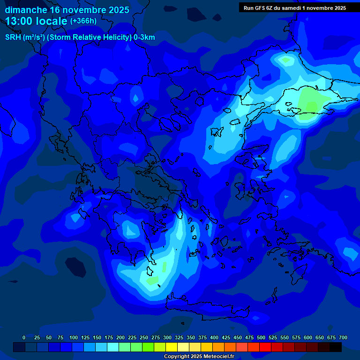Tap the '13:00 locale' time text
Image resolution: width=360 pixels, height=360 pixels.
(x=37, y=21)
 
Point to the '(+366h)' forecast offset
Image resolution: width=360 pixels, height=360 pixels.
(x=83, y=21)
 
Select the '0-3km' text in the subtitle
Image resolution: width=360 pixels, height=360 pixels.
(x=144, y=37)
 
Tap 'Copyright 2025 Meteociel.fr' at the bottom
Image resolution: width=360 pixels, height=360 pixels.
(x=199, y=357)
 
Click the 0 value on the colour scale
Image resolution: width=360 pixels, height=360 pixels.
(x=24, y=337)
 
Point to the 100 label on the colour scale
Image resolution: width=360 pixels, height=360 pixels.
(x=74, y=337)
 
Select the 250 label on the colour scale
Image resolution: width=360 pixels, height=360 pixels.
(x=144, y=337)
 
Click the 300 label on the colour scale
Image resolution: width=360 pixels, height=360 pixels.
(x=167, y=337)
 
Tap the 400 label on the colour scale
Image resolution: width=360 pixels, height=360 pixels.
(x=214, y=337)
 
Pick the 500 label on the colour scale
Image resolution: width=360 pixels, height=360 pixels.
(x=261, y=337)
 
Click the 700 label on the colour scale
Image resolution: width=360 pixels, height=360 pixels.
(x=343, y=337)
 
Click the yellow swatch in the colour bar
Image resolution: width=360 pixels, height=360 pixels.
(x=172, y=347)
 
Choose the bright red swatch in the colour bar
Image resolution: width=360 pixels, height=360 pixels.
(x=265, y=347)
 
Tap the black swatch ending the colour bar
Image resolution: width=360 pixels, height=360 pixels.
(x=336, y=347)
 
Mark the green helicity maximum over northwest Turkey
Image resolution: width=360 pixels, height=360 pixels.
(x=312, y=100)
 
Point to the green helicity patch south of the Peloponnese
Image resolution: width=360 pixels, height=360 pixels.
(x=153, y=280)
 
